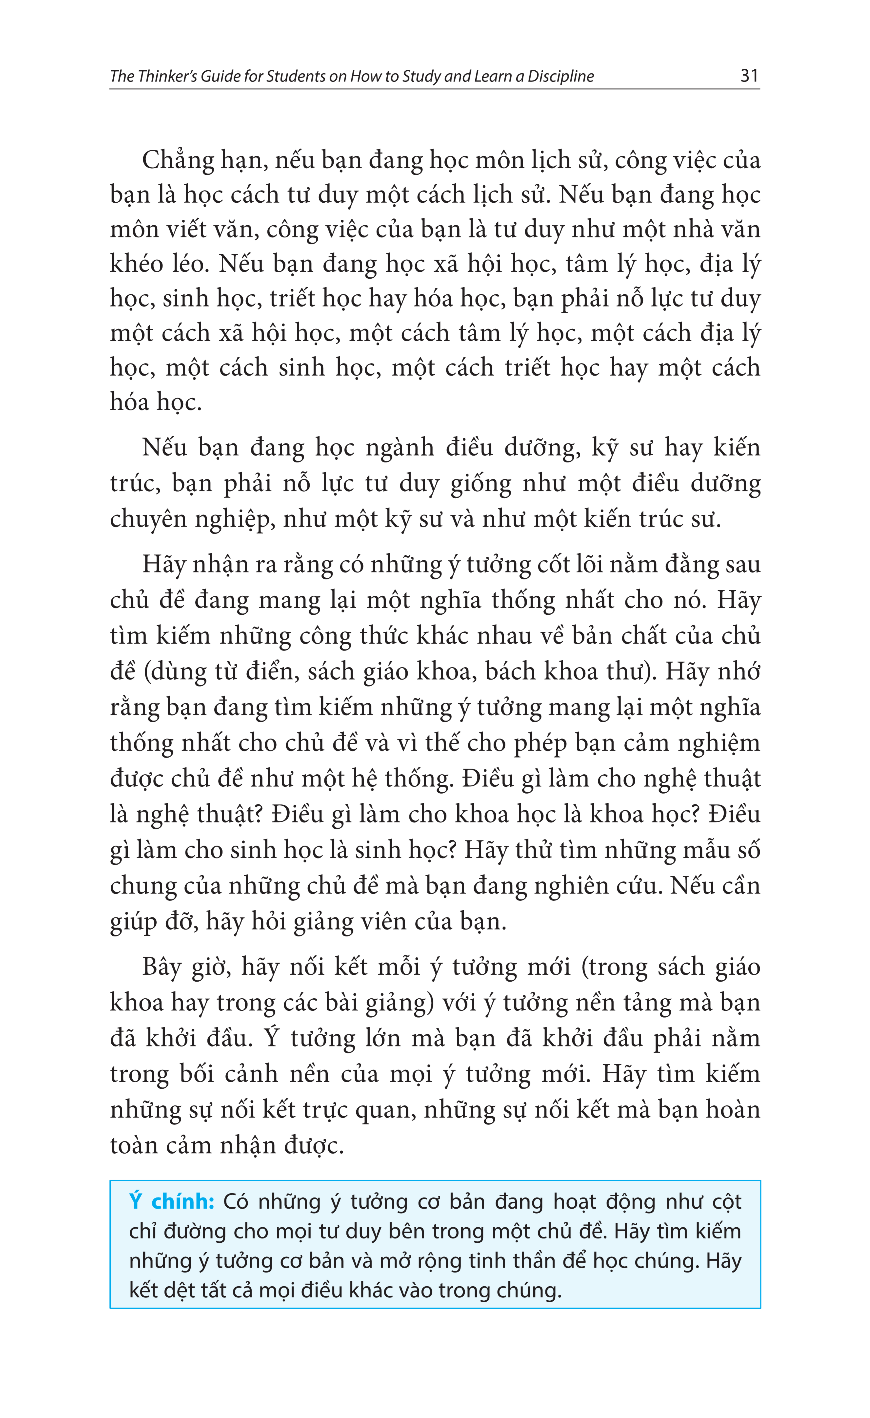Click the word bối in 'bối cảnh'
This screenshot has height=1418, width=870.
[x=196, y=1074]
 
